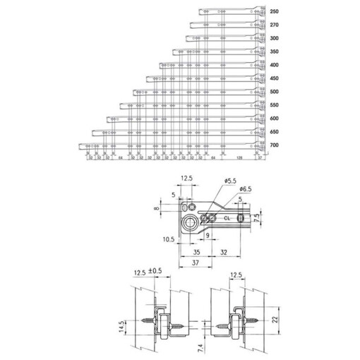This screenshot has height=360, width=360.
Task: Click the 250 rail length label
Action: (x=274, y=12)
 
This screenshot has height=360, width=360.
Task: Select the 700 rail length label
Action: (x=274, y=145)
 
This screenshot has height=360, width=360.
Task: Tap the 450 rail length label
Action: (x=274, y=78)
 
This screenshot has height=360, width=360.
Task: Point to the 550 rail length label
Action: (x=274, y=105)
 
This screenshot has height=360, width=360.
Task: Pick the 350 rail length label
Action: (x=274, y=52)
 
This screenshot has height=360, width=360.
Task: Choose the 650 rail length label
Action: (x=274, y=131)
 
